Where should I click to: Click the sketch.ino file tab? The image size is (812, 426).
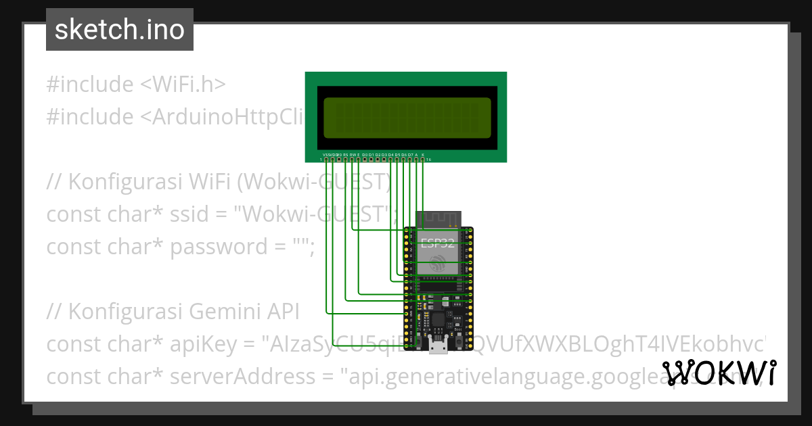120,30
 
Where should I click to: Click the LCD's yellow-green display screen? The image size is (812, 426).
406,117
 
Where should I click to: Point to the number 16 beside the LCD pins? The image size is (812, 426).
429,160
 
